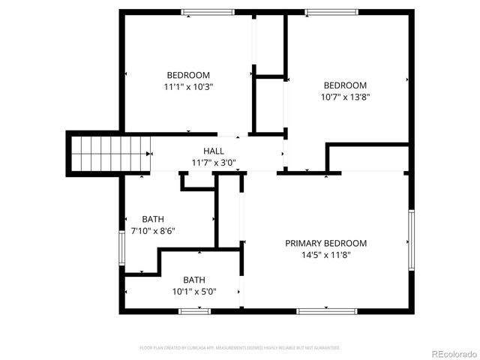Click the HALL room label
pos(214,151)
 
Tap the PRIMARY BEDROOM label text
pos(325,243)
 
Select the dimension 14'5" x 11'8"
pos(325,255)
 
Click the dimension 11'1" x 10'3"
pos(188,87)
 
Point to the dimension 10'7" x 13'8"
pos(345,97)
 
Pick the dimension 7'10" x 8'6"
pos(153,231)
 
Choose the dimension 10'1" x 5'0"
pos(194,292)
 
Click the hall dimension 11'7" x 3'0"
pos(214,162)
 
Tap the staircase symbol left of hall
pos(109,153)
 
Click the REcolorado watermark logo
pos(451,352)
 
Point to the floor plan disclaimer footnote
pos(240,348)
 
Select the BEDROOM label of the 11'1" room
pos(188,75)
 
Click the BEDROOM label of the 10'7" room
pos(345,85)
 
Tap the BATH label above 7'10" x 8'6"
pos(153,219)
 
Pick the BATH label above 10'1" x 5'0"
pos(194,280)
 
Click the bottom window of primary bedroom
pos(320,310)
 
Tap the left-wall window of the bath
pos(121,252)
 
